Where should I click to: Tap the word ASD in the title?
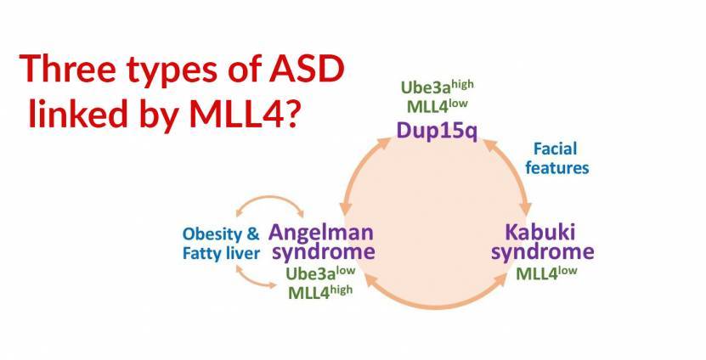point(307,69)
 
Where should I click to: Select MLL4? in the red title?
point(244,113)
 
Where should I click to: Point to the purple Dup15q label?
point(437,131)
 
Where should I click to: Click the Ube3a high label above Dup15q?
point(437,87)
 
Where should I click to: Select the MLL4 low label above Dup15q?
point(437,107)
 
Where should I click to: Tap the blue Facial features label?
point(557,158)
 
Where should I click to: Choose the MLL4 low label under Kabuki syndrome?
point(546,273)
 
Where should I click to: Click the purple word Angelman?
point(321,232)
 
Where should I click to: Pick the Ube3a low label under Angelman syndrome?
point(320,273)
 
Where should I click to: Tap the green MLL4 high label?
point(320,291)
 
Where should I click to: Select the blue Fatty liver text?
point(221,253)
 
